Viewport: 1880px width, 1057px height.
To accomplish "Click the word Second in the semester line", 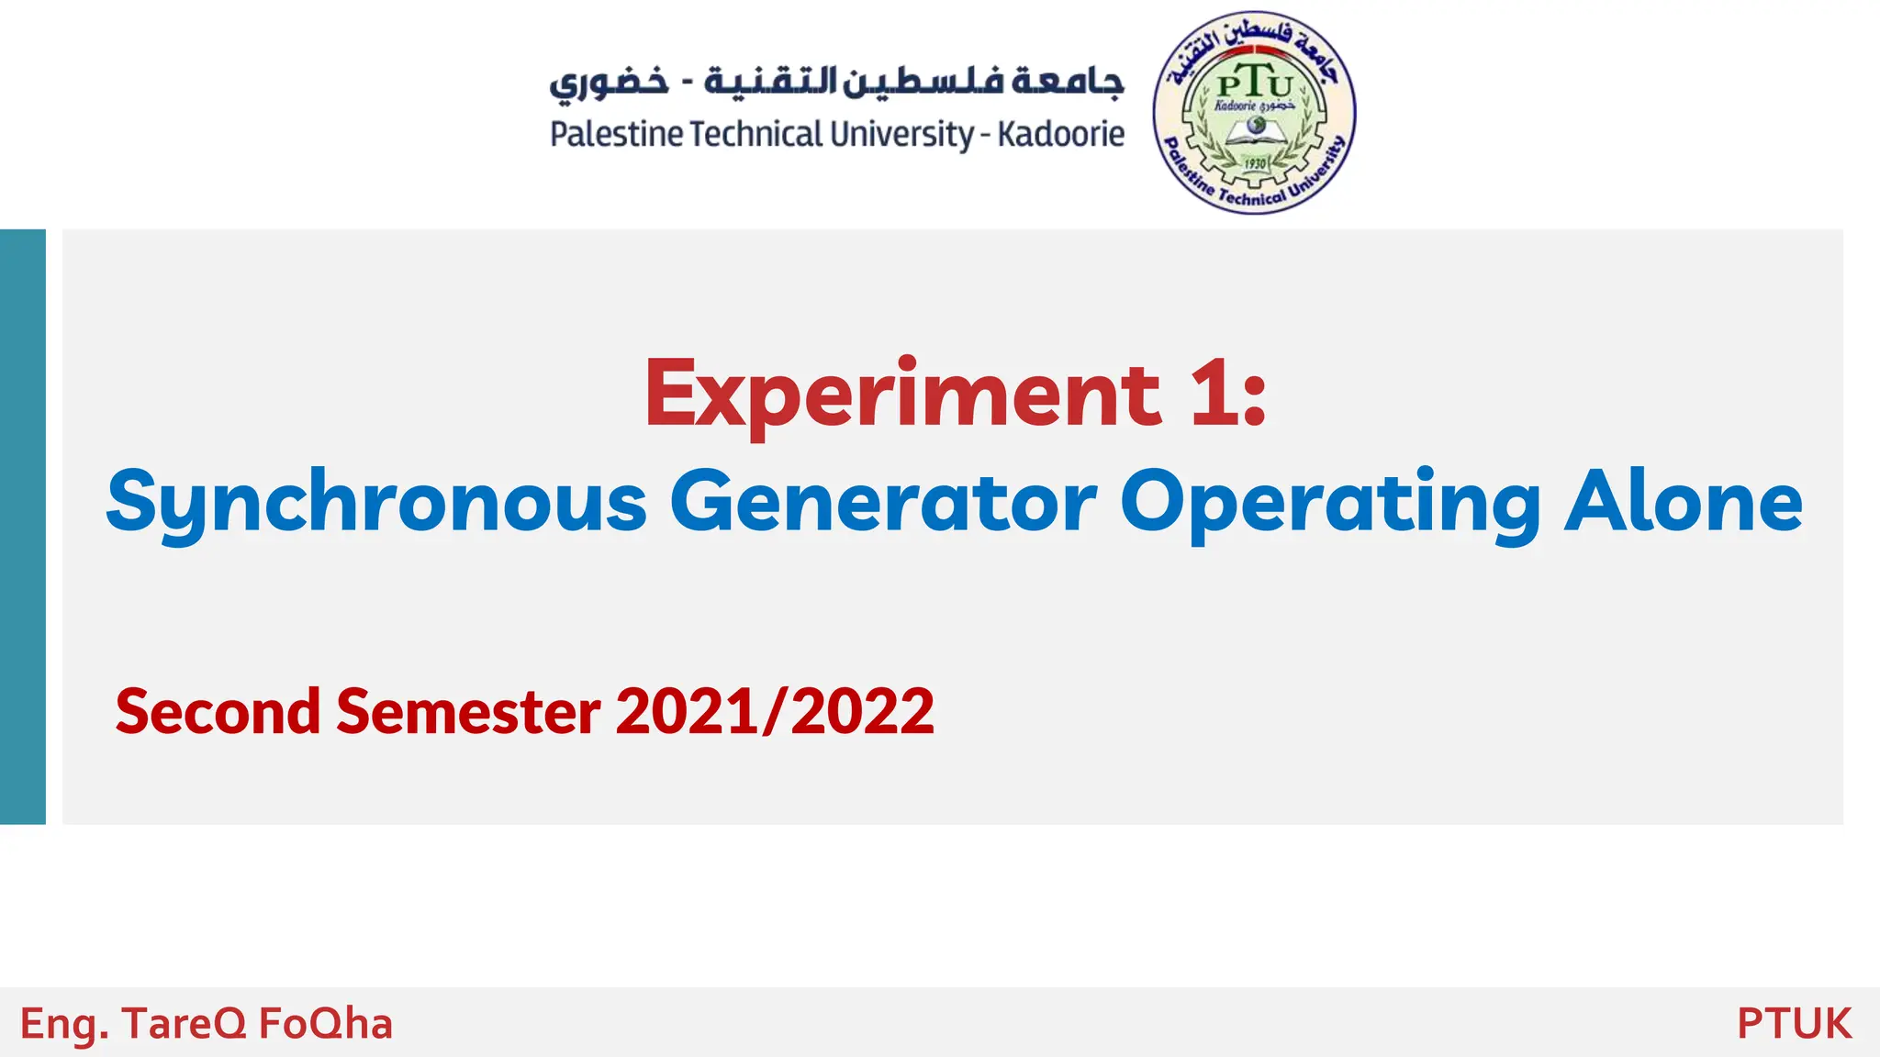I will coord(218,712).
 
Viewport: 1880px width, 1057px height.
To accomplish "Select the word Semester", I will coord(468,712).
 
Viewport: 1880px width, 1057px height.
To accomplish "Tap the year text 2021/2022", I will coord(775,712).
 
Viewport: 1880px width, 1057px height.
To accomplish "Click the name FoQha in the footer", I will coord(325,1024).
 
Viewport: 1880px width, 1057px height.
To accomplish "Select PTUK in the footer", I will coord(1794,1024).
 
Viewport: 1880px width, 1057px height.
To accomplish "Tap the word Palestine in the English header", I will coord(616,135).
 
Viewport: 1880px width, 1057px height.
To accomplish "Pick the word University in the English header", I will coord(901,135).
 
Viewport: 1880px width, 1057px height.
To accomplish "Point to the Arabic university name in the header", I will coord(836,81).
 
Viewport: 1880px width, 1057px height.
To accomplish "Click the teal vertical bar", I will coord(23,527).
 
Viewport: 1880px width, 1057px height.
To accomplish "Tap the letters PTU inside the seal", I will coord(1254,85).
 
